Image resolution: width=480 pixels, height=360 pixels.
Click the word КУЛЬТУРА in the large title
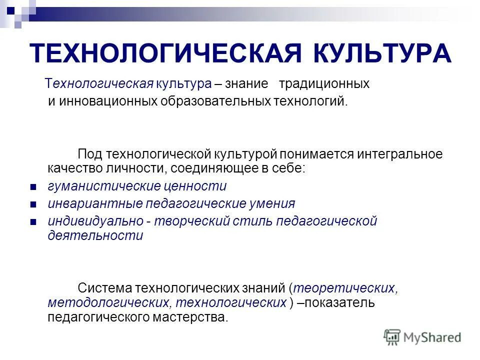[x=383, y=53]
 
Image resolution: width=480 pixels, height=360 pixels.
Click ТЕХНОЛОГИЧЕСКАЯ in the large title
[x=166, y=53]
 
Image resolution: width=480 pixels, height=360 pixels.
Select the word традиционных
[x=324, y=83]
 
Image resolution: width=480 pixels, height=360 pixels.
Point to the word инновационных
[x=109, y=101]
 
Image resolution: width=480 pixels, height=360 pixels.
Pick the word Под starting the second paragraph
[x=90, y=154]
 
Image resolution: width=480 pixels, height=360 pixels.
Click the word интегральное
[x=399, y=154]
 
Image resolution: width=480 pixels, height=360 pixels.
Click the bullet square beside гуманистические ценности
[x=33, y=187]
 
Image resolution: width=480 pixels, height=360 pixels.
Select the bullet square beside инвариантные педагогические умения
[x=33, y=204]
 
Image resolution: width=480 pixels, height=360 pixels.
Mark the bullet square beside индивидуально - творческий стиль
[x=33, y=222]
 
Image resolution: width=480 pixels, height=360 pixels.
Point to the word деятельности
[x=95, y=236]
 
